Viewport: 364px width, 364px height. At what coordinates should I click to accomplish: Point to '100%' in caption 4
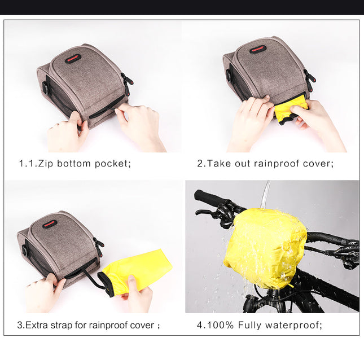tap(221, 325)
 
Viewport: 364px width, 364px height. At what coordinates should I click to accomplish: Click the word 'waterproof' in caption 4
tap(293, 325)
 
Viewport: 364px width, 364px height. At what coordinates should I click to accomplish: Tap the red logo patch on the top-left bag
tap(73, 58)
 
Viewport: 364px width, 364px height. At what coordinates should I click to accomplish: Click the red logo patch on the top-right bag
tap(258, 49)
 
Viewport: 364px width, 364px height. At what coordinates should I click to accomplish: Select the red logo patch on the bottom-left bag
tap(50, 223)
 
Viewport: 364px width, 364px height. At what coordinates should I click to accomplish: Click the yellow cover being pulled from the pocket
tap(291, 108)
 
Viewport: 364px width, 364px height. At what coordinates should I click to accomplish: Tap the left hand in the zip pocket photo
tap(66, 133)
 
